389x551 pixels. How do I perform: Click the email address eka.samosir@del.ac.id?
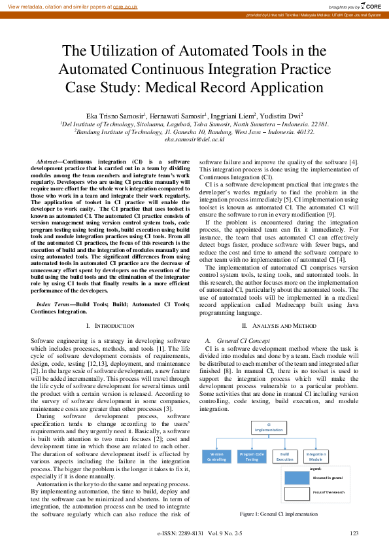coord(194,139)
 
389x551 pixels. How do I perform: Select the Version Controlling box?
coord(216,456)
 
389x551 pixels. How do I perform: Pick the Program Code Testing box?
coord(252,456)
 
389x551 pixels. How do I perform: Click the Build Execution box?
coord(284,456)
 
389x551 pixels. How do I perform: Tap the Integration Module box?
coord(316,456)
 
